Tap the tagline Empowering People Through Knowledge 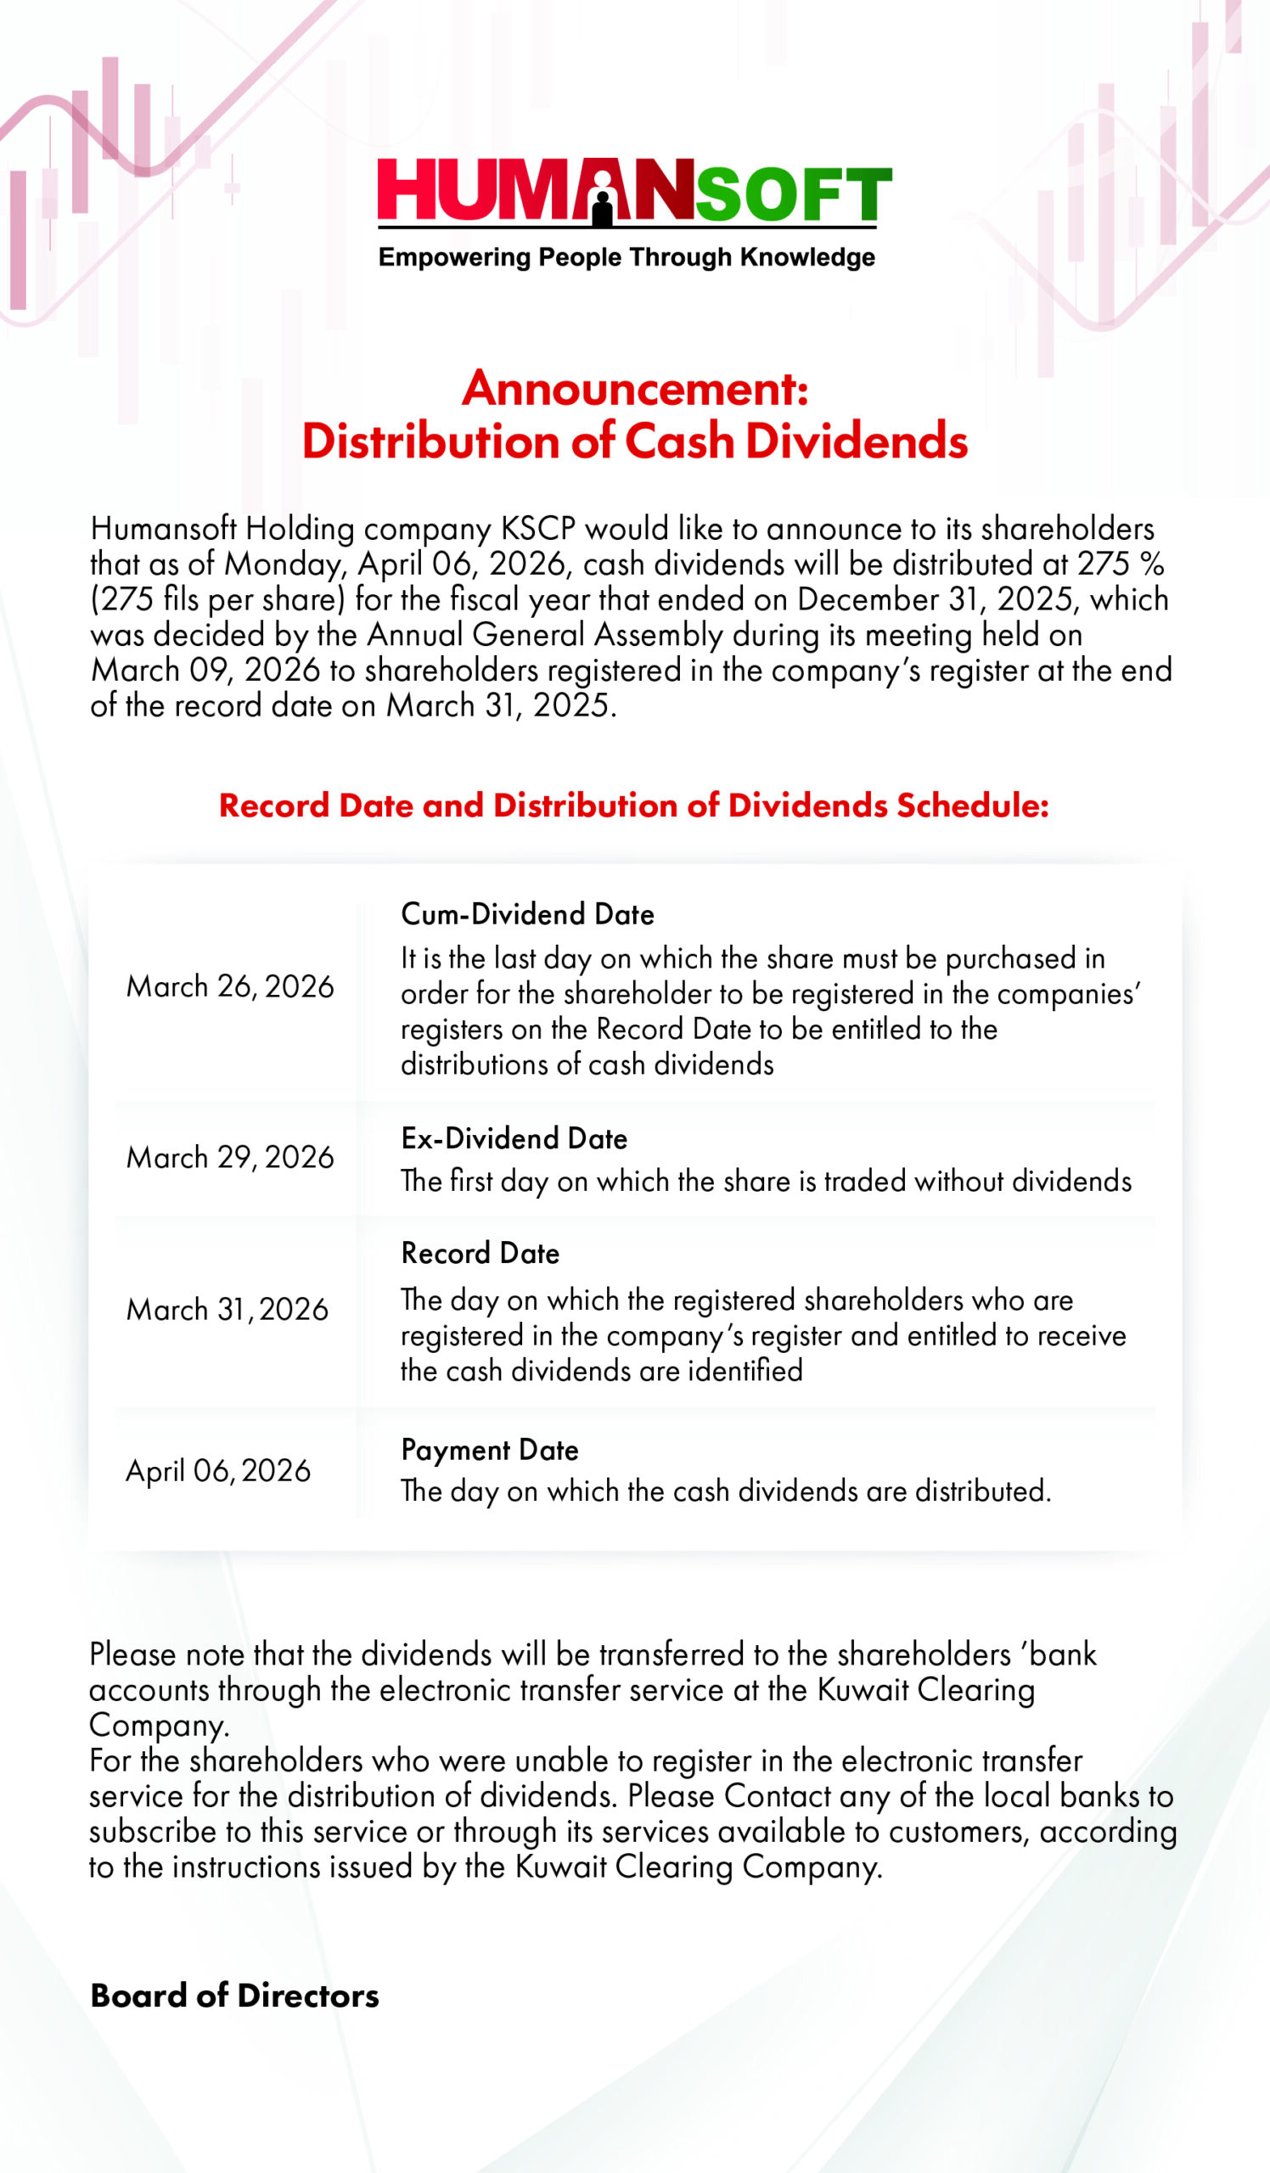[x=627, y=257]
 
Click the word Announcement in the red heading [x=633, y=389]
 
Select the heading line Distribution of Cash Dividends [x=634, y=441]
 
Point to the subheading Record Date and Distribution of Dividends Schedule [x=633, y=806]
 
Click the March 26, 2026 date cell [x=230, y=986]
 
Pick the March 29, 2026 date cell [x=230, y=1157]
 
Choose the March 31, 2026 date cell [x=228, y=1309]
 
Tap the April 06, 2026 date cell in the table [x=218, y=1470]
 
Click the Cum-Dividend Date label [x=528, y=914]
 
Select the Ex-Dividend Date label [x=514, y=1138]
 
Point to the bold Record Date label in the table [x=480, y=1253]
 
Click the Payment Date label [x=490, y=1450]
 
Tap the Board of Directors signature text [x=234, y=1996]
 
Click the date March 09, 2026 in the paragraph [x=205, y=670]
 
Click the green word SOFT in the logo [x=793, y=194]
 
